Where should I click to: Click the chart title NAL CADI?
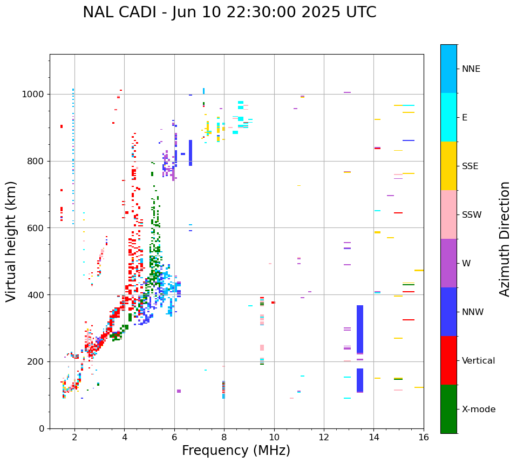[229, 12]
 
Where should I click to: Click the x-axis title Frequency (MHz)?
[236, 451]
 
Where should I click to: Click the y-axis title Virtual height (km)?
[11, 241]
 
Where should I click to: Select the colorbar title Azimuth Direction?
[505, 239]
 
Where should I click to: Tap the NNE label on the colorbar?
[471, 69]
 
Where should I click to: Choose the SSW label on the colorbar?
[472, 215]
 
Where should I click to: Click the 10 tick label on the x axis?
[274, 437]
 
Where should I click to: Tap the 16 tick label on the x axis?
[424, 437]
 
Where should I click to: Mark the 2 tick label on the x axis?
[74, 437]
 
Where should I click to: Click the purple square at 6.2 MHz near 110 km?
[179, 391]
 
